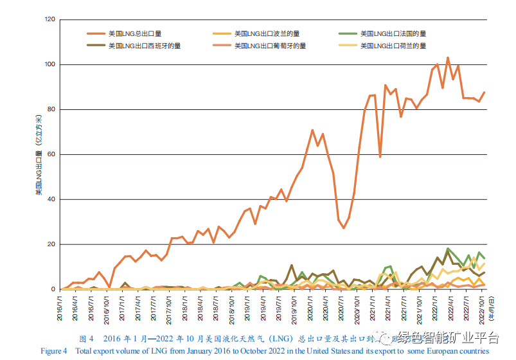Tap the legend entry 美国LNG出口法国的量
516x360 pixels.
393,33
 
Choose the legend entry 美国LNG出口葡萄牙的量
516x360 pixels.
270,46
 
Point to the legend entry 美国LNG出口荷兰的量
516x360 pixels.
393,46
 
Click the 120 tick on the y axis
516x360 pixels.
50,20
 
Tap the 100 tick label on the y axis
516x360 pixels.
50,65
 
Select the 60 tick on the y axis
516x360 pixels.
52,155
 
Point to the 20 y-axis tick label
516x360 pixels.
52,245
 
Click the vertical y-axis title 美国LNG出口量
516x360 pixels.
39,154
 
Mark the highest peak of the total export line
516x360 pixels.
448,58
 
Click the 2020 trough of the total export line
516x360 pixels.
344,228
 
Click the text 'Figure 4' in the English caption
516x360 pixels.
54,351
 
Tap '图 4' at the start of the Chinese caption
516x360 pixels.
86,339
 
